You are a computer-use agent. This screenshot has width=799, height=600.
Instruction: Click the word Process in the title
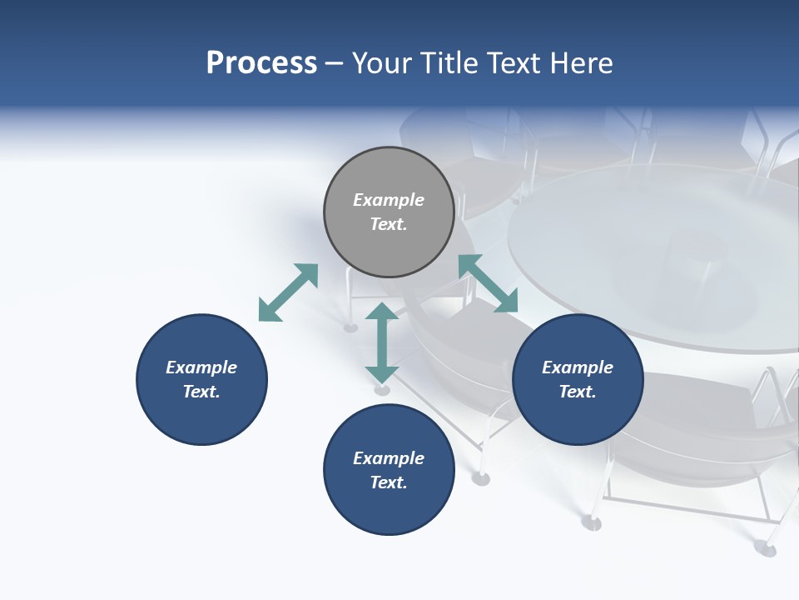click(x=261, y=63)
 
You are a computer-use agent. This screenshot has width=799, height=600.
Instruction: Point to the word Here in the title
click(x=582, y=63)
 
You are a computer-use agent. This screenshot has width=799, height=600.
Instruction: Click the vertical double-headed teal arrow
click(x=382, y=342)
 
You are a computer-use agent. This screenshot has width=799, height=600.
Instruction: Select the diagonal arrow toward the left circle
click(x=288, y=292)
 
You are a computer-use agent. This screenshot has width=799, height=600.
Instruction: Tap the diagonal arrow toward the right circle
click(x=488, y=283)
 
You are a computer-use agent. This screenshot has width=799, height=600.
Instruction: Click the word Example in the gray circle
click(x=389, y=200)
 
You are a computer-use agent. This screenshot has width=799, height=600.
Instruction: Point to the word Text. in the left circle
click(x=201, y=392)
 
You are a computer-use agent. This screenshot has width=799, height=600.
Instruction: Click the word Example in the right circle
click(x=578, y=367)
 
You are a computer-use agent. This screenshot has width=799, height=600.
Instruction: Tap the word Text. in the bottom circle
click(x=389, y=482)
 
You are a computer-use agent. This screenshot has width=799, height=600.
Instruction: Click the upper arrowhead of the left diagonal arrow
click(x=308, y=273)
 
